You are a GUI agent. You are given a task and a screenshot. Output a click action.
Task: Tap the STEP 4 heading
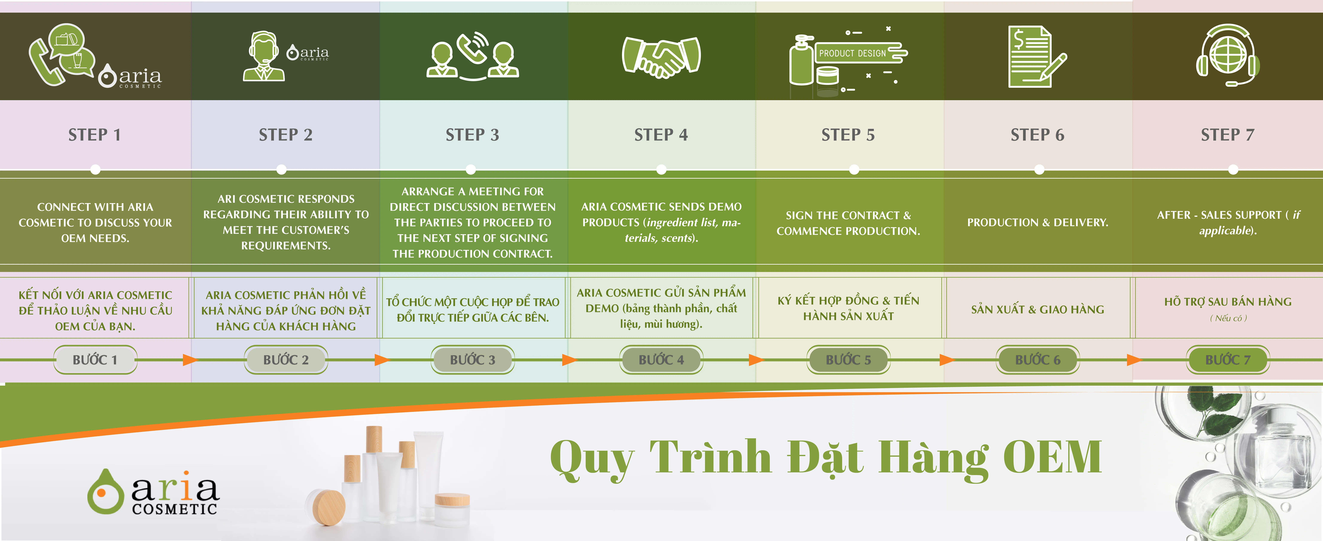(661, 135)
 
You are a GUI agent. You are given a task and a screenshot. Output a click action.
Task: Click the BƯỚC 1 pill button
(95, 360)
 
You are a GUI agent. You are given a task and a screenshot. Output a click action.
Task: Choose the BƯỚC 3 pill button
(473, 360)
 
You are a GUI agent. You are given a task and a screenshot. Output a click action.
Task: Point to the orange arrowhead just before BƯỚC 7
(1134, 360)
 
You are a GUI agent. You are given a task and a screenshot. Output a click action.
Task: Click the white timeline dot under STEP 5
(854, 169)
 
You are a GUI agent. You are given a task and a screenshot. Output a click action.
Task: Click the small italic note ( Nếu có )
(1228, 318)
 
